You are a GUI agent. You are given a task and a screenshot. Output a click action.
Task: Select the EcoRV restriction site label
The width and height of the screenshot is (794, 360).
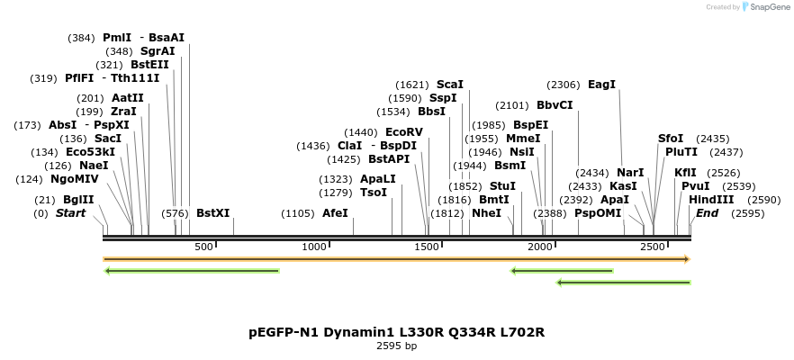pos(403,132)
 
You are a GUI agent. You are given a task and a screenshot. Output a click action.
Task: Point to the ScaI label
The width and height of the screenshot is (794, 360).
pos(450,84)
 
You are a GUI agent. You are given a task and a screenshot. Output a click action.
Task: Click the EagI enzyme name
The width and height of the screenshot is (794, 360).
pos(601,84)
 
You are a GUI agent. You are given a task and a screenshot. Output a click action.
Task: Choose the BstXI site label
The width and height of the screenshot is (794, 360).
pos(212,213)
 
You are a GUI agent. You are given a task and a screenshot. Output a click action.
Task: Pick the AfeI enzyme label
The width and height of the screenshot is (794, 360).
pos(335,213)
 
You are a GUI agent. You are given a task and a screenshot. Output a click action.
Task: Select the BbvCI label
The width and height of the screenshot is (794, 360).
pos(555,105)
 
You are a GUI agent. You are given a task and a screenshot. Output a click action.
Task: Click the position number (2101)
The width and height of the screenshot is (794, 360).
pos(512,105)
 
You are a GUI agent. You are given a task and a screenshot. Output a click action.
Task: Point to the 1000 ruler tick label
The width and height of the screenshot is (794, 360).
pos(314,247)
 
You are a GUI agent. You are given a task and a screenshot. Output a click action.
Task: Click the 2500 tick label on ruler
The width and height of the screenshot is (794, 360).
pos(652,247)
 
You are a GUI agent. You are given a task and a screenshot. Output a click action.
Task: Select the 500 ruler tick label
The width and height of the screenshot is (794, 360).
pos(203,247)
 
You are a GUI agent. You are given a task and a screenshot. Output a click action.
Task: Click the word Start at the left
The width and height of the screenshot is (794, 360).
pos(70,213)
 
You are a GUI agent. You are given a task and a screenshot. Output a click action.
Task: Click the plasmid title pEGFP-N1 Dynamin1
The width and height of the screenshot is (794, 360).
pos(396,332)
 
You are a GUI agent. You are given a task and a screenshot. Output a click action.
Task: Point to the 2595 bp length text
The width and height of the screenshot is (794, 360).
pos(396,346)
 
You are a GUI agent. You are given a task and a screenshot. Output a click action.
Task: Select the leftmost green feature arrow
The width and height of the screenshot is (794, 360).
pos(192,270)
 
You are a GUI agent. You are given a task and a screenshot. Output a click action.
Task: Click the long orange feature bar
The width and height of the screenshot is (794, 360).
pos(396,259)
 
